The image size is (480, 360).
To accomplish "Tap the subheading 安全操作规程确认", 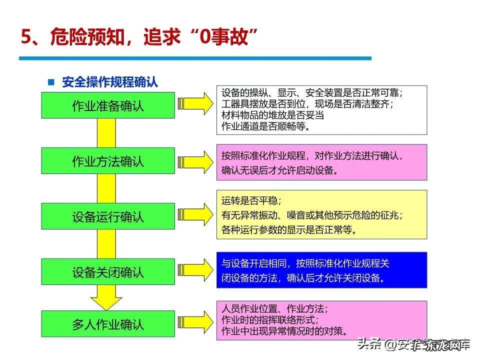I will [110, 82].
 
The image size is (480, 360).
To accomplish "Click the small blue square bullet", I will [50, 82].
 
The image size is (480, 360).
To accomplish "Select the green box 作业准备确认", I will [108, 105].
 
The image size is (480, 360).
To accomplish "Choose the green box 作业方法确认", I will [108, 161].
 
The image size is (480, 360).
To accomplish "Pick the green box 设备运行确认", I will [108, 216].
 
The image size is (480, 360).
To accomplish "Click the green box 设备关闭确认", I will [108, 272].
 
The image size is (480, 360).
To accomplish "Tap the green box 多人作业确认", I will [108, 324].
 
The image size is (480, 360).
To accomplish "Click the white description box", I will [321, 110].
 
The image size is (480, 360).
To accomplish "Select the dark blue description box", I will [321, 270].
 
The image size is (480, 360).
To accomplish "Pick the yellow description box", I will [321, 214].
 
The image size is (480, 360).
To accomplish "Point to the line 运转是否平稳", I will [252, 200].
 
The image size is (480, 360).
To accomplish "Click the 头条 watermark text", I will [369, 344].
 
